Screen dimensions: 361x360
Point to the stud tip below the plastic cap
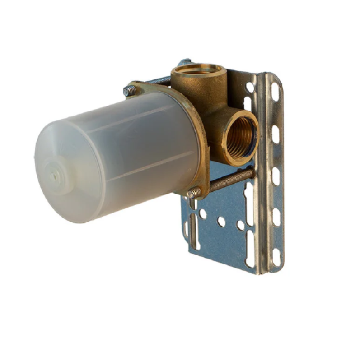click(194, 193)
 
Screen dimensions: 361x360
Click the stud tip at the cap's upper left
click(128, 91)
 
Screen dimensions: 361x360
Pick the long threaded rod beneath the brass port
click(230, 178)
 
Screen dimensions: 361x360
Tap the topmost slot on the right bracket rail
click(275, 92)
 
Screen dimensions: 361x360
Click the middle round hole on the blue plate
click(221, 222)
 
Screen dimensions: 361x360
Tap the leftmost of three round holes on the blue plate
click(203, 214)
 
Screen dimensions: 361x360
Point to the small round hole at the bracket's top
click(250, 86)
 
